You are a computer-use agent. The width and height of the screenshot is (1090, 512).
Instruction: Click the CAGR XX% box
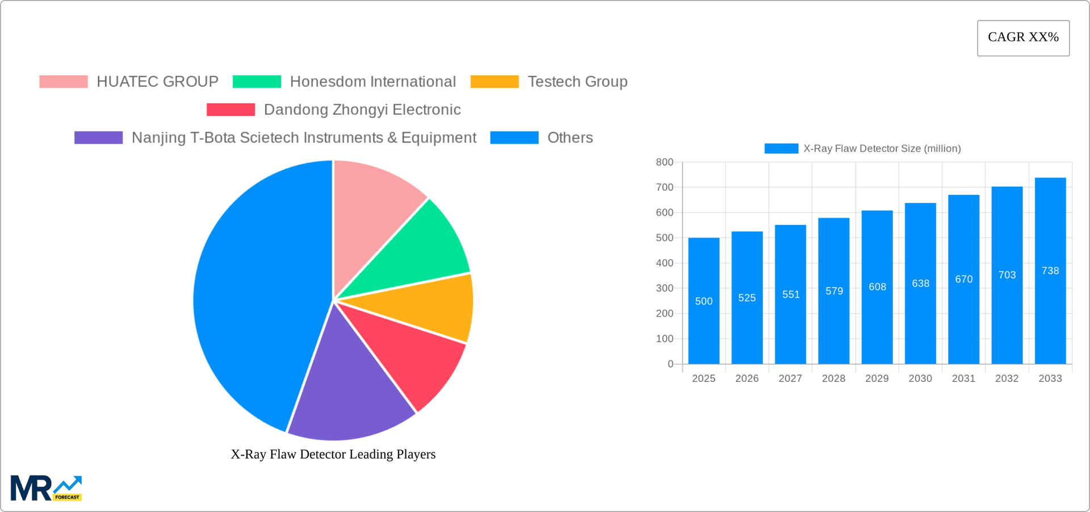click(1023, 38)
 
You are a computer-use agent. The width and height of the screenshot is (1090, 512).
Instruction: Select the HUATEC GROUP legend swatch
click(64, 82)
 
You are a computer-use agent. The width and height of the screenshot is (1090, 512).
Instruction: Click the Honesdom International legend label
click(372, 82)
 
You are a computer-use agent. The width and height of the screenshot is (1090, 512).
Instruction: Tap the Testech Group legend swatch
click(494, 82)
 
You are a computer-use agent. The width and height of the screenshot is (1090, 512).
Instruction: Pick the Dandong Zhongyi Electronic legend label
click(362, 110)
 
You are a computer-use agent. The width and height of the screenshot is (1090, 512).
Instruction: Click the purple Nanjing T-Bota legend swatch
click(98, 138)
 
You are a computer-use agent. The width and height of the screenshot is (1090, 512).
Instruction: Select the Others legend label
click(570, 138)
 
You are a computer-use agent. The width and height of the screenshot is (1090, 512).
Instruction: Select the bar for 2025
click(704, 301)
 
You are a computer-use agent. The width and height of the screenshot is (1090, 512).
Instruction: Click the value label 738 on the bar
click(1050, 271)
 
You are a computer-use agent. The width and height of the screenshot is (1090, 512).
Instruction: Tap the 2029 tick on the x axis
click(877, 378)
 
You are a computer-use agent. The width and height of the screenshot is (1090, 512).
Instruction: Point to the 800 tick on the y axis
click(664, 163)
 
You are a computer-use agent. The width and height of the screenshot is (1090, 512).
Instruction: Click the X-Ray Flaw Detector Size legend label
click(882, 149)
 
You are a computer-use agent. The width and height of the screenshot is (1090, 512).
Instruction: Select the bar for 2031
click(963, 280)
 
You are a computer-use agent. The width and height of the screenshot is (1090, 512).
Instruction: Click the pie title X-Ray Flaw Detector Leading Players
click(333, 454)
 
